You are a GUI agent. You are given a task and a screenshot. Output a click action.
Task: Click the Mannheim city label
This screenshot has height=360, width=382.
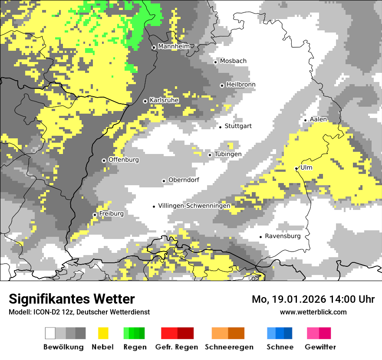tap(174, 46)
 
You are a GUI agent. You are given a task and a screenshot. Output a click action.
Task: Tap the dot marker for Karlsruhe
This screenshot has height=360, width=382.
tap(145, 101)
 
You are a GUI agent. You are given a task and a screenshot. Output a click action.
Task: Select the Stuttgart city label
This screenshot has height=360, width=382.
tap(238, 126)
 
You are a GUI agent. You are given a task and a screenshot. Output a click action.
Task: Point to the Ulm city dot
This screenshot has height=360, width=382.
tap(296, 168)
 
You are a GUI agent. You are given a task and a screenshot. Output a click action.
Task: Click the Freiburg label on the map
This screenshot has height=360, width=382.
tap(111, 214)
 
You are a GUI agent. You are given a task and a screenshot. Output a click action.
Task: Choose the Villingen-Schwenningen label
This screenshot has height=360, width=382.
tap(194, 206)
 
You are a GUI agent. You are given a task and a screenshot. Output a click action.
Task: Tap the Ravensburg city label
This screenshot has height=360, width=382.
tap(283, 236)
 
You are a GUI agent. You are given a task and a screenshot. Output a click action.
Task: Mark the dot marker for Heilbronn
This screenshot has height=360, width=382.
tap(222, 85)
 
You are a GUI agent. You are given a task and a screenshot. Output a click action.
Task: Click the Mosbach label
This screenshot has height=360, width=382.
tap(233, 61)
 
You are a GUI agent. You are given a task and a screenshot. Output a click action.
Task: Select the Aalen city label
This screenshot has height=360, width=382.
tap(318, 119)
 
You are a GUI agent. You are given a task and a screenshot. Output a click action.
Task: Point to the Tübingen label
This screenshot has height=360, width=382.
tap(228, 154)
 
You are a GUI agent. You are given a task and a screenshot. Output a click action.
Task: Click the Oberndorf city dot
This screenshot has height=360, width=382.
tap(164, 181)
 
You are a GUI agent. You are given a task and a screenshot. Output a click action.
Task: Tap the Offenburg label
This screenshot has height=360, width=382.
tap(124, 160)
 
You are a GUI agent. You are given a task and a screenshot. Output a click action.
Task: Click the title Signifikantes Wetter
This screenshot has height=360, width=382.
tap(72, 299)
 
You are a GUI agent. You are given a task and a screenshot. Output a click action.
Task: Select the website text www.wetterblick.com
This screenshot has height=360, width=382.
tap(313, 312)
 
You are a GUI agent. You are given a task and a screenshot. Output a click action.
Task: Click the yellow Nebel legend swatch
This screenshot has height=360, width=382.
tap(103, 333)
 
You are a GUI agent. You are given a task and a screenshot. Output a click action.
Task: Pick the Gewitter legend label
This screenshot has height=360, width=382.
tap(320, 347)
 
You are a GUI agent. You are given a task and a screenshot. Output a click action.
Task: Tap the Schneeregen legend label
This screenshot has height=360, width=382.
tap(229, 347)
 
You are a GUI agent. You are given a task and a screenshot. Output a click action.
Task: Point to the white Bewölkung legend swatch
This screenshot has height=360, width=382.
tap(50, 333)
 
